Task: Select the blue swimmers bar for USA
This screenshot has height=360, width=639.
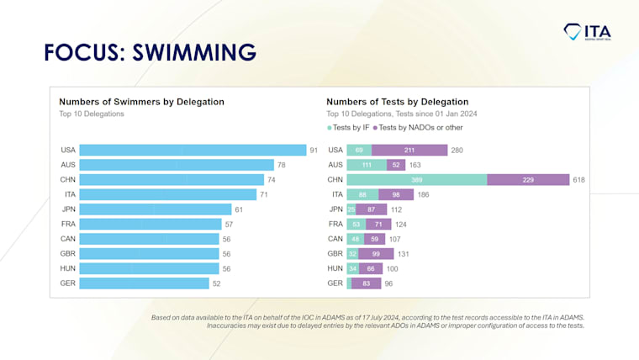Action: tap(193, 150)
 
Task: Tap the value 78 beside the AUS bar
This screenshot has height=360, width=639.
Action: tap(282, 165)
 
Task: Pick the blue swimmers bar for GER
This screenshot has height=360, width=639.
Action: tap(144, 283)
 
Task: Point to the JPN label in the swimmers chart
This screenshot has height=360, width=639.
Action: tap(68, 209)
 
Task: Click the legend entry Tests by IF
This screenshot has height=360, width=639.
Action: tap(349, 127)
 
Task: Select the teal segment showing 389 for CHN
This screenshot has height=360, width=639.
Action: tap(416, 179)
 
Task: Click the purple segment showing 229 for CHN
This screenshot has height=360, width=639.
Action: tap(528, 179)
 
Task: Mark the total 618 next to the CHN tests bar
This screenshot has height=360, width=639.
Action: tap(578, 179)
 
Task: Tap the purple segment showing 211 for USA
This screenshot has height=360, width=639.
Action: tap(409, 150)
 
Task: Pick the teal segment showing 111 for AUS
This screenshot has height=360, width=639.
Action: tap(367, 165)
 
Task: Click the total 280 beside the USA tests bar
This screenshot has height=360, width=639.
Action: tap(457, 150)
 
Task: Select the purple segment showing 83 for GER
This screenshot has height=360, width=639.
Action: tap(367, 283)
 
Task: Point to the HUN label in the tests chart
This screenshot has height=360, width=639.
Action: tap(335, 268)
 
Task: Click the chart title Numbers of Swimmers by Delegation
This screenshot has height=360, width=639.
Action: tap(141, 101)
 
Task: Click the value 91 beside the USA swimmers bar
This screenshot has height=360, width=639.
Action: tap(314, 150)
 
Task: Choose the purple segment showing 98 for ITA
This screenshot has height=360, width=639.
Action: tap(395, 194)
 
